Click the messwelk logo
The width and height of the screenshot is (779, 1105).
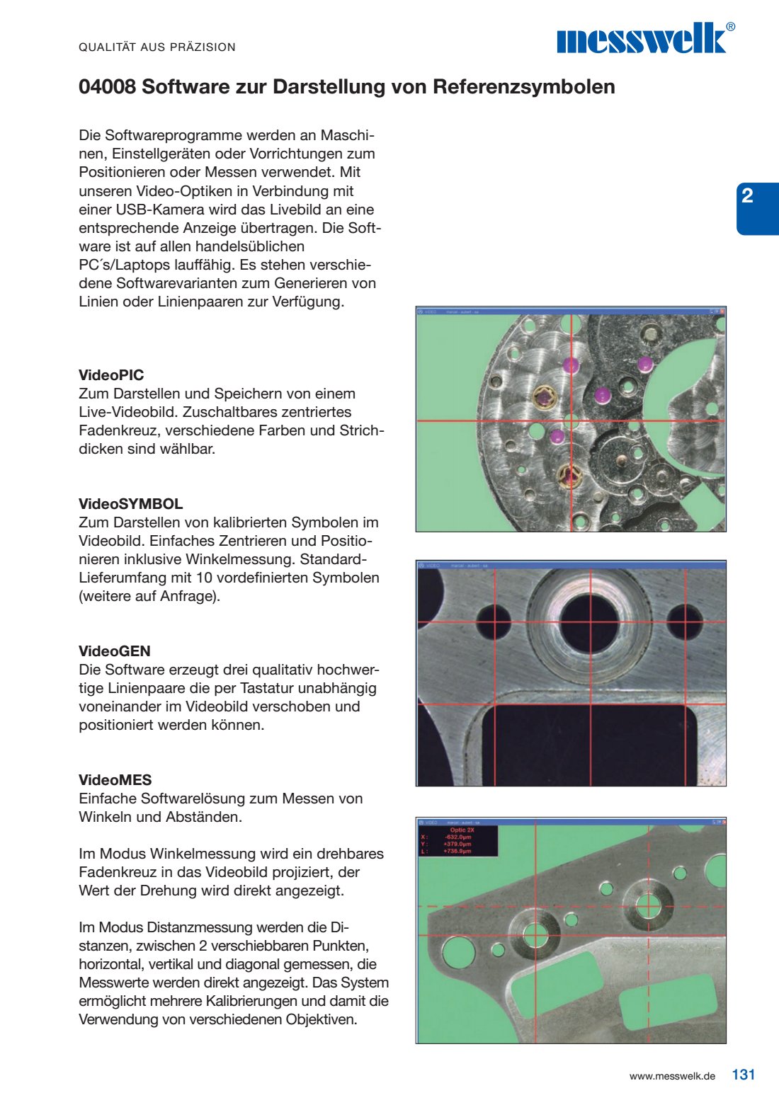tap(642, 39)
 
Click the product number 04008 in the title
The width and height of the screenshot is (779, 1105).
tap(107, 87)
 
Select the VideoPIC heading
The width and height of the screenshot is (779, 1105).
tap(111, 375)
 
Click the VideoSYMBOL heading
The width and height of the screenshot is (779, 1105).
tap(130, 504)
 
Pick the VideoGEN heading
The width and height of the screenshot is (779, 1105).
tap(114, 651)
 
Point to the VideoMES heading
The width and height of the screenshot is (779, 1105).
tap(115, 780)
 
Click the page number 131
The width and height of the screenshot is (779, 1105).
tap(744, 1075)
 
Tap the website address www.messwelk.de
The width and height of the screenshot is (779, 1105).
tap(672, 1076)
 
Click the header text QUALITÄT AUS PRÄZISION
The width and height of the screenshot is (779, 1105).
tap(157, 47)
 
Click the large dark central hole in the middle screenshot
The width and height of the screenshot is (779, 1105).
tap(590, 619)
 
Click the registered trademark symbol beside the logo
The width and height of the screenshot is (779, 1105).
tap(731, 27)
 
